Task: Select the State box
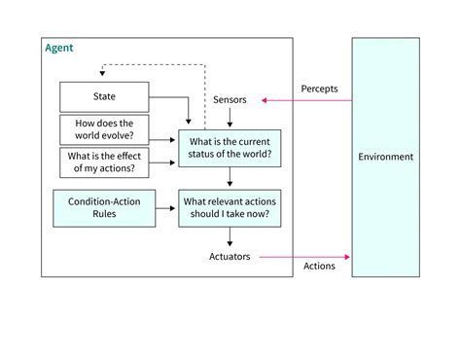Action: pyautogui.click(x=104, y=96)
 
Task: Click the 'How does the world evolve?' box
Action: pyautogui.click(x=103, y=129)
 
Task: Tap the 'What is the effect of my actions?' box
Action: pyautogui.click(x=103, y=161)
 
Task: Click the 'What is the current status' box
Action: pyautogui.click(x=230, y=146)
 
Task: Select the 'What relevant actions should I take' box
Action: pyautogui.click(x=230, y=207)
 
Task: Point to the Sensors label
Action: pyautogui.click(x=230, y=100)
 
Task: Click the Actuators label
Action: pyautogui.click(x=230, y=257)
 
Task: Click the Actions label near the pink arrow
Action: pyautogui.click(x=320, y=267)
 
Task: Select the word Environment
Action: pyautogui.click(x=386, y=158)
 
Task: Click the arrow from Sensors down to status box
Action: pyautogui.click(x=230, y=118)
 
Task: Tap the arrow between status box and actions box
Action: pyautogui.click(x=230, y=176)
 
